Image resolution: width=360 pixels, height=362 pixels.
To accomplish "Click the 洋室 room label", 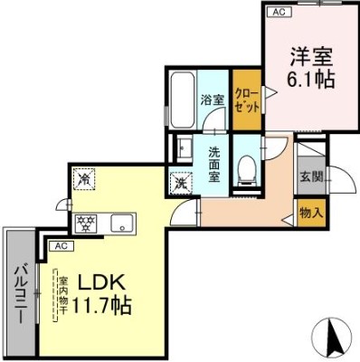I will tap(310, 55).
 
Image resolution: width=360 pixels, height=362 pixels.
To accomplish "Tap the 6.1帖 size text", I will tap(310, 79).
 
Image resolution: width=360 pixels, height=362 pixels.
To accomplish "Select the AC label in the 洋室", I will tap(279, 12).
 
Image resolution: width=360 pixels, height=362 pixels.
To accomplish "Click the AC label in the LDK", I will tap(60, 245).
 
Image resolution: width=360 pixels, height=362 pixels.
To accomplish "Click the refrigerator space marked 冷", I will tap(84, 180).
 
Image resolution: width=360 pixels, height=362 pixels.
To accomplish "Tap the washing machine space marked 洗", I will tap(181, 182).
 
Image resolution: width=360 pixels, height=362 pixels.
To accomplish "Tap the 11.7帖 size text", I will tap(101, 305).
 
